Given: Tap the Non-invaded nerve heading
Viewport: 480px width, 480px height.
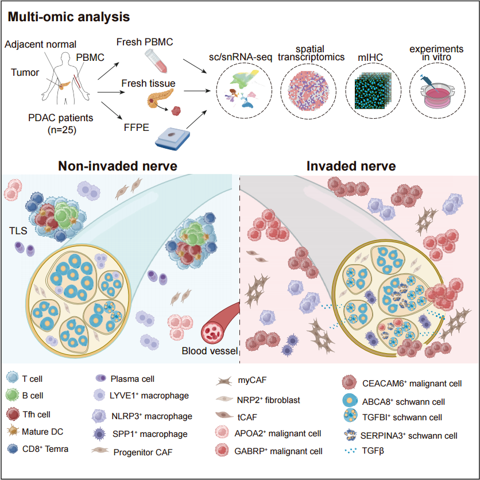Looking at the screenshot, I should (117, 167).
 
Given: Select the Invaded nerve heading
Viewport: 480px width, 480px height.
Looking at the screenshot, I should (351, 167).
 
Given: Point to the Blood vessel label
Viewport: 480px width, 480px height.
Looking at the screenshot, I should (206, 351).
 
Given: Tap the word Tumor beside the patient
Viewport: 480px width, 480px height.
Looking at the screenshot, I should (25, 72).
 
